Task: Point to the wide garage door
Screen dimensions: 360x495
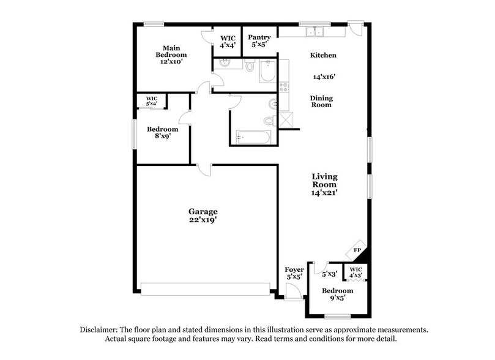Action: pos(205,287)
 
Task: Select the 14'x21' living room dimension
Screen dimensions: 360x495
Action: pos(325,193)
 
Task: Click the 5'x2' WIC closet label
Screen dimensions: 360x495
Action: pos(152,100)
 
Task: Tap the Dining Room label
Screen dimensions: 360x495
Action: pos(321,101)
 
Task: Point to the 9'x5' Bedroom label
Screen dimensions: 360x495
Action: pos(337,294)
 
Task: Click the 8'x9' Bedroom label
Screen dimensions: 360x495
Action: pos(162,133)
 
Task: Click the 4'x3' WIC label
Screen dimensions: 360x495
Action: pos(355,271)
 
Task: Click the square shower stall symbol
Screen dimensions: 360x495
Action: pos(284,119)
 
